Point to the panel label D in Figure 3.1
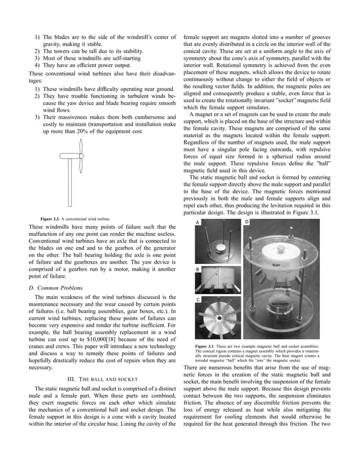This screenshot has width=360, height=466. (247, 222)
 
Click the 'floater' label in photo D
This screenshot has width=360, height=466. (275, 264)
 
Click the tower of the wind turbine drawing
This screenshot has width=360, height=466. (73, 181)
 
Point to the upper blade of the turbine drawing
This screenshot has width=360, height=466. (81, 147)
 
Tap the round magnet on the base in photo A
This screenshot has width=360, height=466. (217, 246)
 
